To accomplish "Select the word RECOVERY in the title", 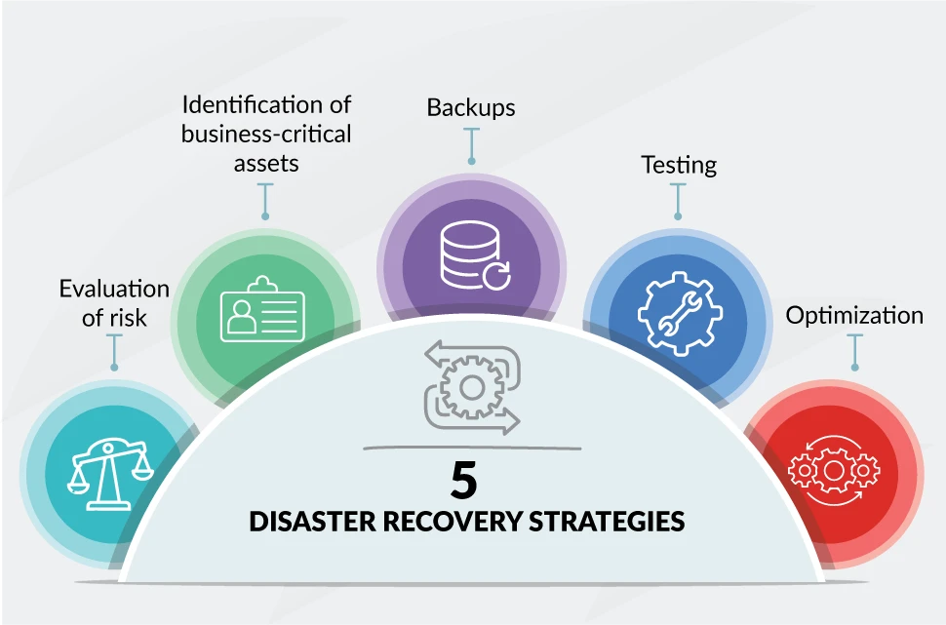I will (453, 522).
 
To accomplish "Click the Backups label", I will (471, 107).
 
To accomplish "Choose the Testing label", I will (679, 165).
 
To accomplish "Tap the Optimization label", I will (854, 316).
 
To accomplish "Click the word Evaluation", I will (114, 289).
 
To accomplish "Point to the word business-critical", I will (266, 134).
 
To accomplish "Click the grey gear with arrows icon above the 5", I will (472, 388).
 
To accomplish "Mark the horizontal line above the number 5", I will (472, 449).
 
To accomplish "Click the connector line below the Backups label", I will (472, 145).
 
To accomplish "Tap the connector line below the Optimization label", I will (855, 351).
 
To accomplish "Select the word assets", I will (266, 163).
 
